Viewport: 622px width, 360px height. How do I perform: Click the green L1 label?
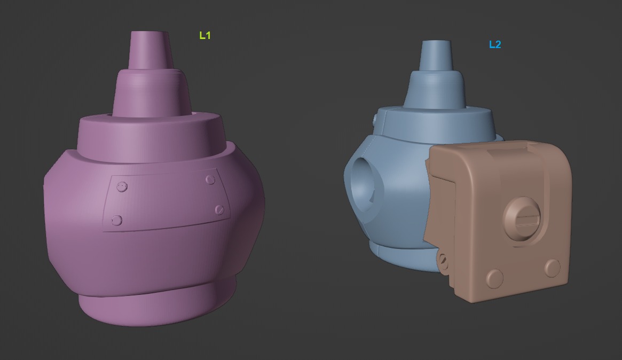tap(205, 36)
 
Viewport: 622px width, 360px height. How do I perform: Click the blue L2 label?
tap(495, 45)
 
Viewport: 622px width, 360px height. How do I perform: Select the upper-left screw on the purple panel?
tap(122, 186)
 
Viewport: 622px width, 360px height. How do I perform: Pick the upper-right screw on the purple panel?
tap(210, 180)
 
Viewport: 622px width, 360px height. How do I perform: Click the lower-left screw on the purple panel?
tap(117, 220)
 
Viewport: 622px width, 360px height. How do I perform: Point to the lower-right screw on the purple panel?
tap(219, 209)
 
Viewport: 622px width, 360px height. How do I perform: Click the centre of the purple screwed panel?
tap(168, 200)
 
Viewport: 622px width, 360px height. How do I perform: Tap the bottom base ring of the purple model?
tap(158, 307)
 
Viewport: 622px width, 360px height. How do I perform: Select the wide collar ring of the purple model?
tap(149, 136)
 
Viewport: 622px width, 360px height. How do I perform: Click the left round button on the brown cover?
tap(495, 278)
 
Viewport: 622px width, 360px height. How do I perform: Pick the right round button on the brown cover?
tap(552, 268)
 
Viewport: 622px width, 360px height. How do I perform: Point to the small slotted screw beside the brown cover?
tap(443, 260)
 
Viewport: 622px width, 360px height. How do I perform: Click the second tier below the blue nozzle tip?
tap(434, 88)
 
